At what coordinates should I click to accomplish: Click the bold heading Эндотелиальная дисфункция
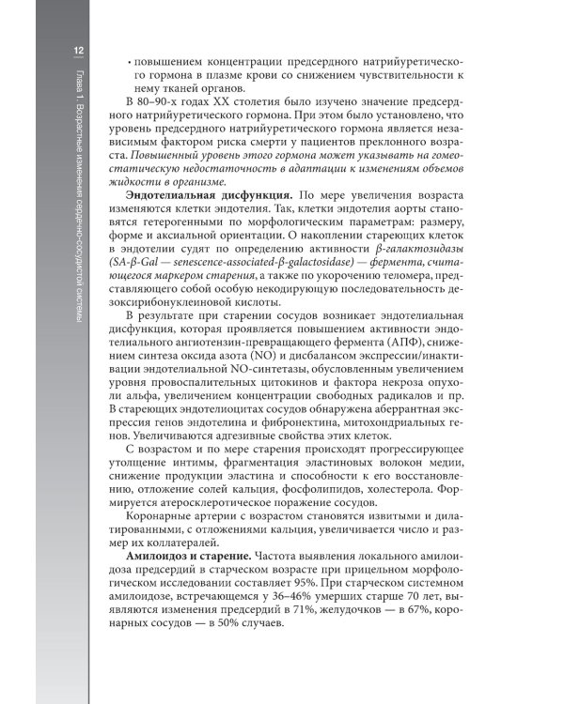click(204, 192)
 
